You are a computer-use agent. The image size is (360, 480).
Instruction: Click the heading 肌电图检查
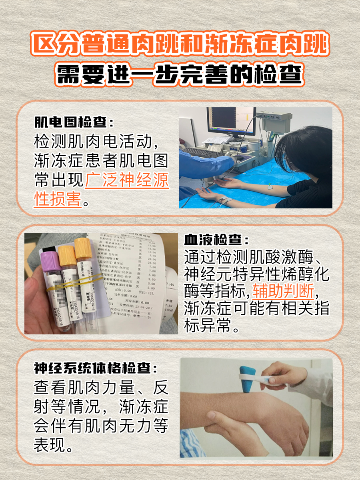point(74,121)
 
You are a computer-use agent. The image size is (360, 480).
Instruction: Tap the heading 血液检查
point(216,240)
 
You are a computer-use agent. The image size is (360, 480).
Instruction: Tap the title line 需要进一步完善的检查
point(180,74)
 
